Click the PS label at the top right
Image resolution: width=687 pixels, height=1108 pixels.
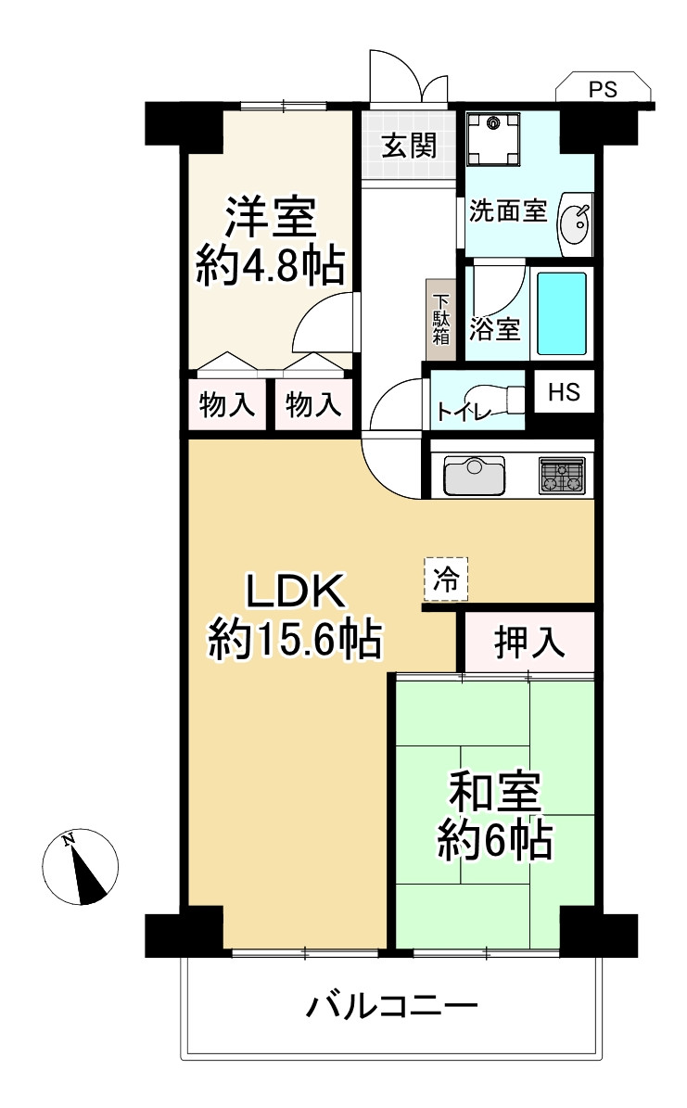point(604,90)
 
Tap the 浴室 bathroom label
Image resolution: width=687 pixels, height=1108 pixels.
point(495,328)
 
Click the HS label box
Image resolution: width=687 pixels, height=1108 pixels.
point(564,391)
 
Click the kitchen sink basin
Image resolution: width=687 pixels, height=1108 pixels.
point(474,477)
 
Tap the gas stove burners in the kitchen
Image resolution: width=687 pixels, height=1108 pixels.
point(563,476)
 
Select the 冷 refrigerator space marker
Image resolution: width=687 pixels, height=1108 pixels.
point(446,580)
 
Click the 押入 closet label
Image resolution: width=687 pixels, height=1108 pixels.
point(529,642)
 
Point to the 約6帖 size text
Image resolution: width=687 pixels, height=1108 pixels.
point(495,841)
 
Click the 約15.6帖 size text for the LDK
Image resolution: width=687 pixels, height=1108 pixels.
point(295,639)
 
